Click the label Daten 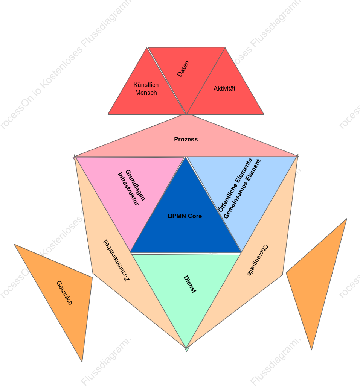[x=183, y=69]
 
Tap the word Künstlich [x=146, y=85]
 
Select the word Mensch [x=146, y=93]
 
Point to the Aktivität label [x=224, y=89]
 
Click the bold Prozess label [x=186, y=139]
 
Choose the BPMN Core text [x=185, y=216]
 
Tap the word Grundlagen [x=135, y=185]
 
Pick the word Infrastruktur [x=128, y=188]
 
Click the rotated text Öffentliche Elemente [x=235, y=185]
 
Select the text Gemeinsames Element [x=242, y=189]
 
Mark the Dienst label [x=190, y=284]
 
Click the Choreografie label [x=258, y=260]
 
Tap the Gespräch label [x=64, y=293]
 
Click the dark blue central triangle [x=186, y=222]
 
